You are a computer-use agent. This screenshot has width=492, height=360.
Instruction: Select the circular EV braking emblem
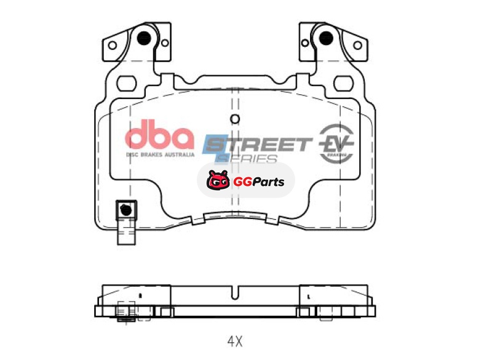[x=336, y=145]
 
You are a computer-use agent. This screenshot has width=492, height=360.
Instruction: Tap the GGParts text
[x=258, y=182]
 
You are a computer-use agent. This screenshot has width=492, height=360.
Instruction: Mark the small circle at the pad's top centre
[x=234, y=119]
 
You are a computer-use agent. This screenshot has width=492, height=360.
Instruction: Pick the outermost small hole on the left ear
[x=112, y=45]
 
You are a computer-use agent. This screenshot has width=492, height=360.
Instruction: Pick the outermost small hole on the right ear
[x=357, y=45]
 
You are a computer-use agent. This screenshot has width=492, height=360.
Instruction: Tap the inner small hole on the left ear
[x=164, y=43]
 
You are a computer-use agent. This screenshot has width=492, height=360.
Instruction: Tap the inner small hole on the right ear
[x=304, y=43]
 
